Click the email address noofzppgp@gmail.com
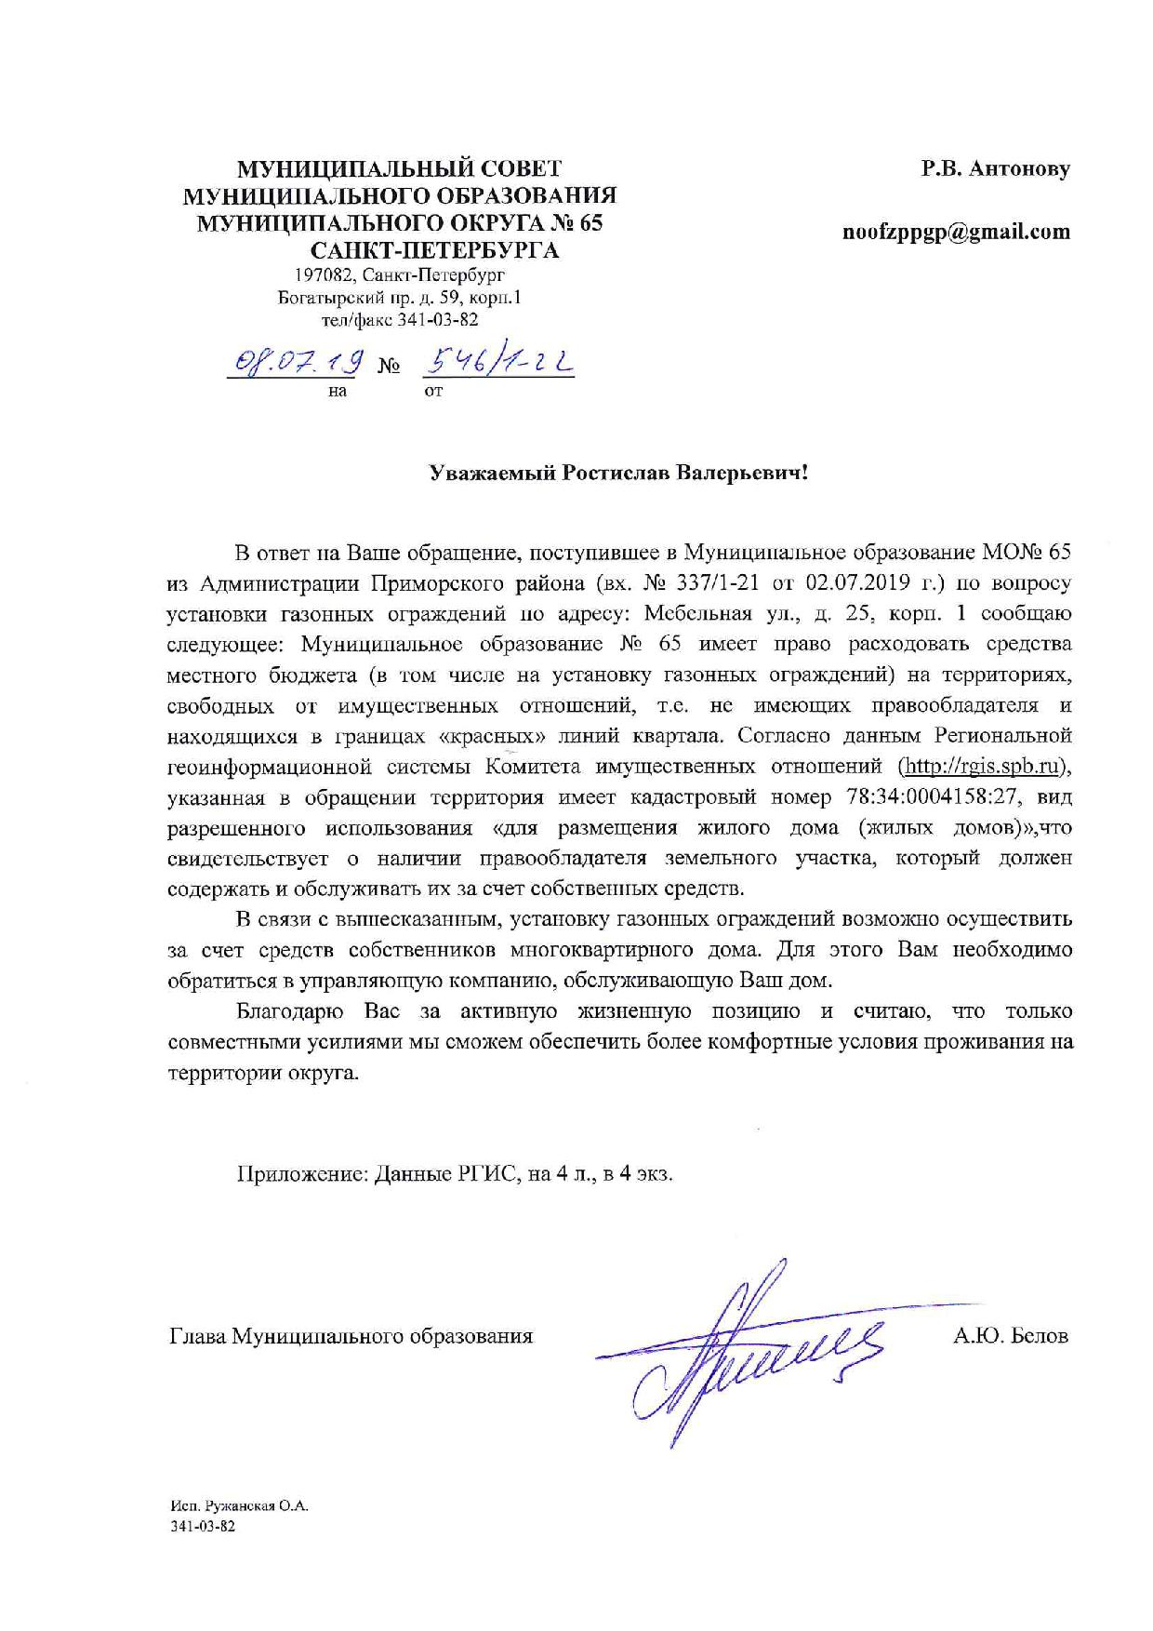[x=956, y=233]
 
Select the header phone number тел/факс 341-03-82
[x=400, y=320]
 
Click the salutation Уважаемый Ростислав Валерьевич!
[x=618, y=475]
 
